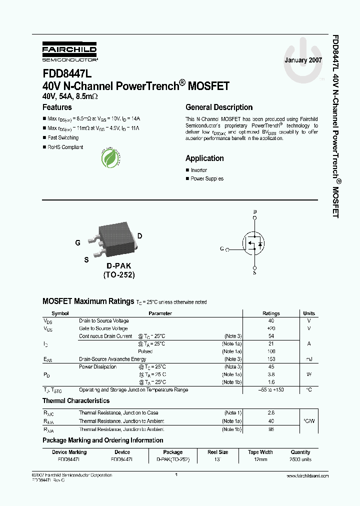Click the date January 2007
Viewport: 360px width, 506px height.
[303, 60]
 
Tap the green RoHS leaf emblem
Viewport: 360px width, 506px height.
[110, 158]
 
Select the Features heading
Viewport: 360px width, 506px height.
[57, 107]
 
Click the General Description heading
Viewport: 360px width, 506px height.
[219, 107]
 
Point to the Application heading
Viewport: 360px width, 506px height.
[204, 158]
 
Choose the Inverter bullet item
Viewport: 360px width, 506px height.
[198, 170]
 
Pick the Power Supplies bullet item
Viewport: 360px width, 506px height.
[207, 178]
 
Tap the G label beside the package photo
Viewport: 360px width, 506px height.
[77, 242]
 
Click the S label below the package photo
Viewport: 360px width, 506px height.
[86, 259]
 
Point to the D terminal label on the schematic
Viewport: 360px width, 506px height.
[254, 211]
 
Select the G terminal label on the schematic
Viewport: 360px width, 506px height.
[221, 248]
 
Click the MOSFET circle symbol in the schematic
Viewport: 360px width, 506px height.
[254, 243]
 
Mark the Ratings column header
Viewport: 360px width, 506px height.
[271, 313]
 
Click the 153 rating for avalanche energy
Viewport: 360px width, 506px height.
[271, 359]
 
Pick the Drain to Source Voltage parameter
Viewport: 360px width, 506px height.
[103, 320]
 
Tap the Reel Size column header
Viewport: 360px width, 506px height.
[217, 452]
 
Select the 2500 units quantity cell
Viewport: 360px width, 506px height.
[300, 459]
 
